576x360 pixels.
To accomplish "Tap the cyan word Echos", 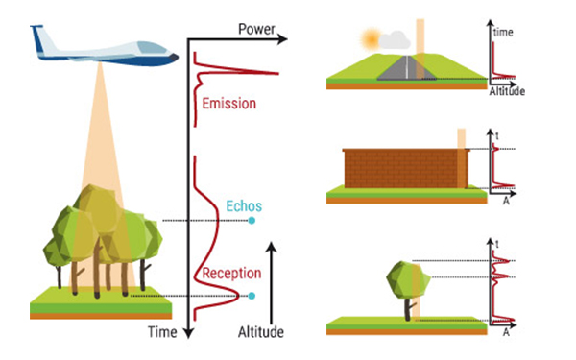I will (244, 205).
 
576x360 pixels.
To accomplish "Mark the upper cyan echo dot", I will (252, 221).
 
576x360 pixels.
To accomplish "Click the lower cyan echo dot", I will (252, 296).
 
